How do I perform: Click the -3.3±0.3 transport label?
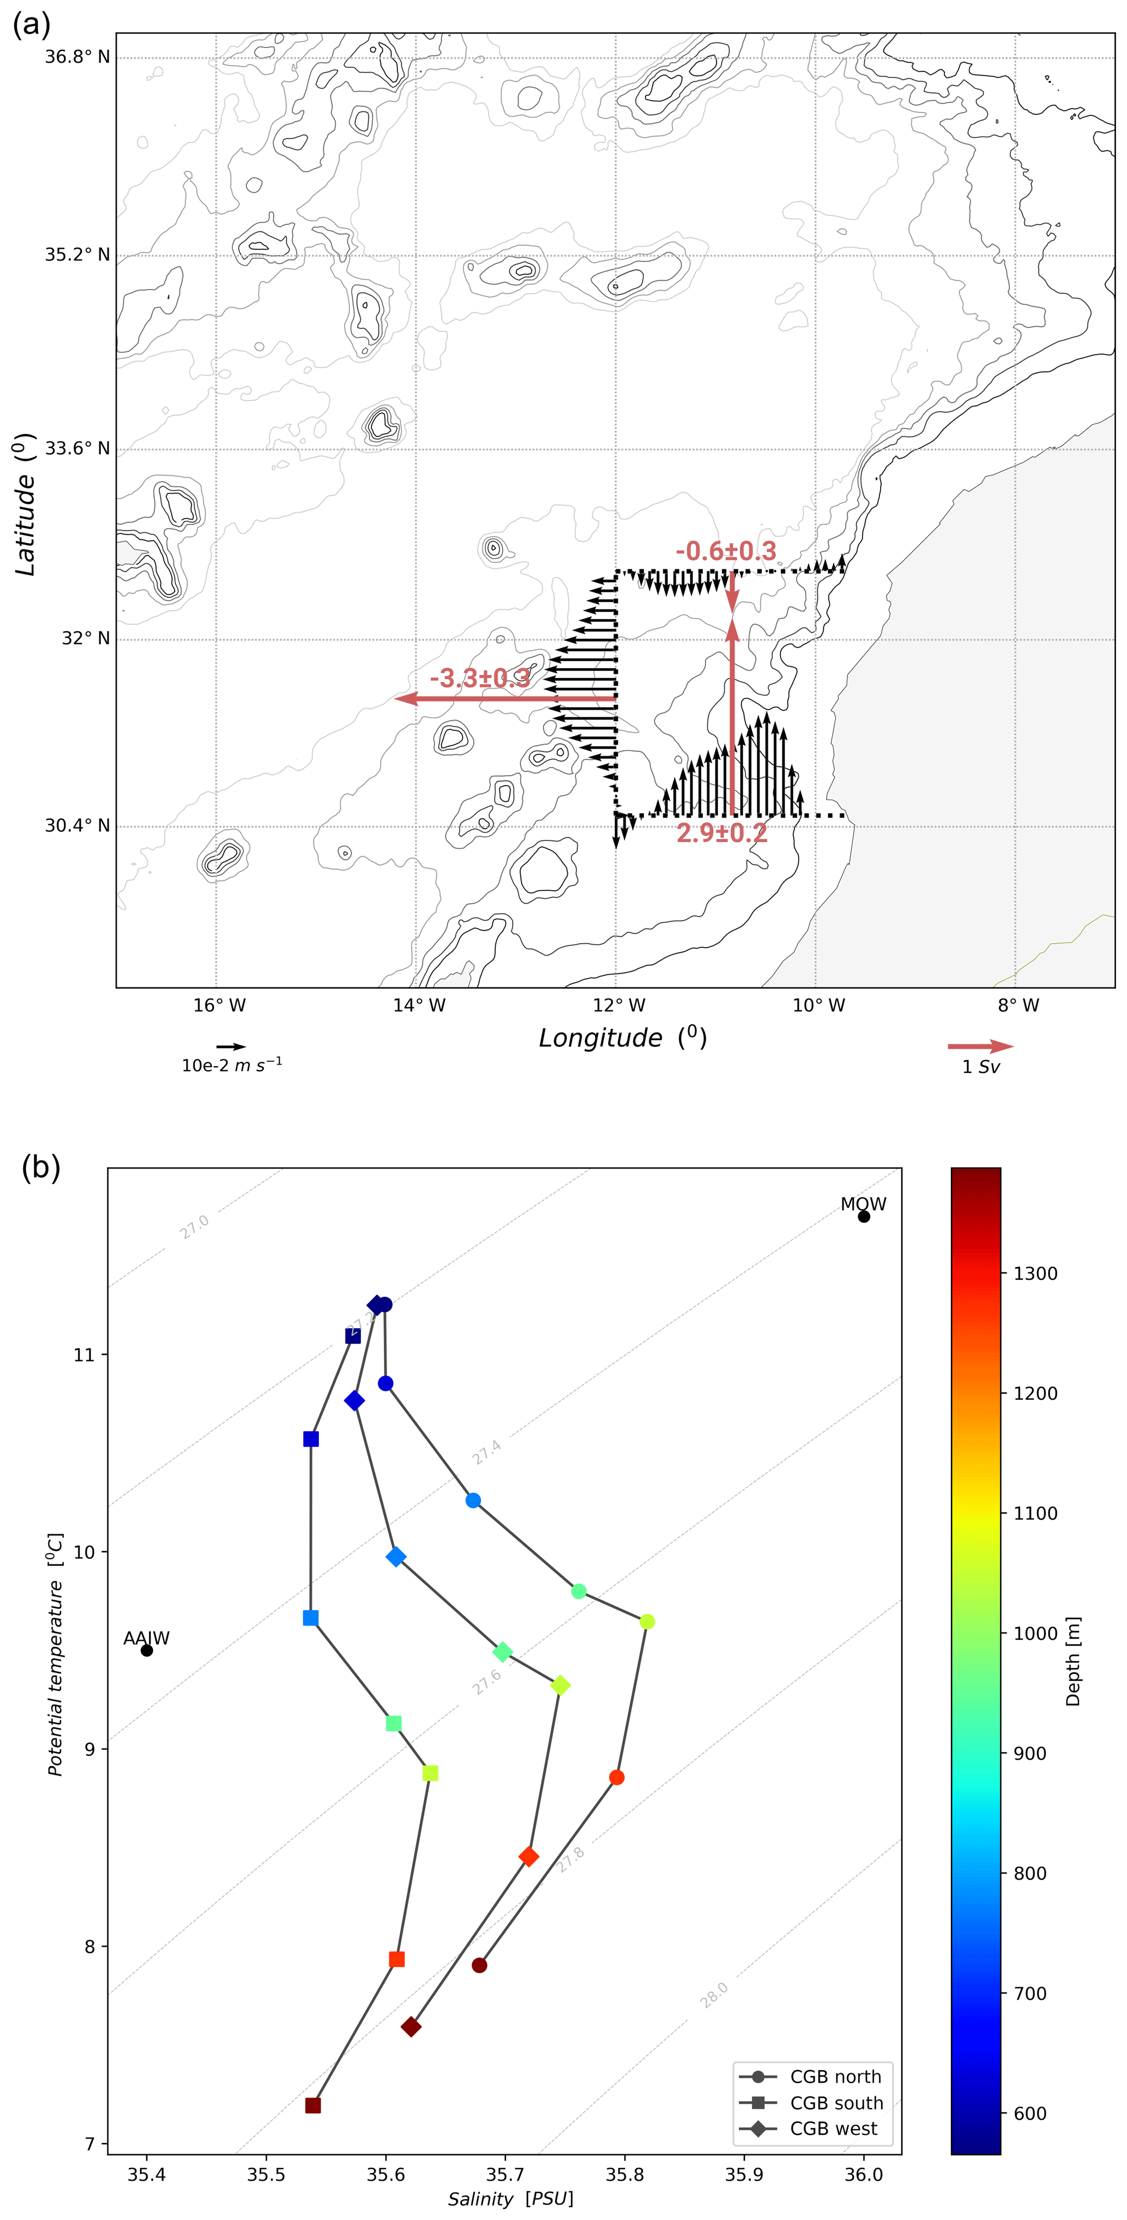coord(480,678)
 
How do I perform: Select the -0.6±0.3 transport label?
coord(726,551)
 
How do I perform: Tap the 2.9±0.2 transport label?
coord(721,832)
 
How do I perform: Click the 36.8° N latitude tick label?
coord(77,57)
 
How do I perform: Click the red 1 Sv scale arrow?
coord(980,1046)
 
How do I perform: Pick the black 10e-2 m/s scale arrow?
coord(231,1046)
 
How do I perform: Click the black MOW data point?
coord(863,1216)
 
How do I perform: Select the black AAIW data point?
coord(147,1651)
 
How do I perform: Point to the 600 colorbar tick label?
coord(1029,2113)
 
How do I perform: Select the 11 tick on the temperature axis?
coord(83,1355)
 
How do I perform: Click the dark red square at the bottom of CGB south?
coord(313,2105)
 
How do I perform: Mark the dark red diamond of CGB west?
coord(411,2027)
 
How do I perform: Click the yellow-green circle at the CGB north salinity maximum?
coord(647,1622)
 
